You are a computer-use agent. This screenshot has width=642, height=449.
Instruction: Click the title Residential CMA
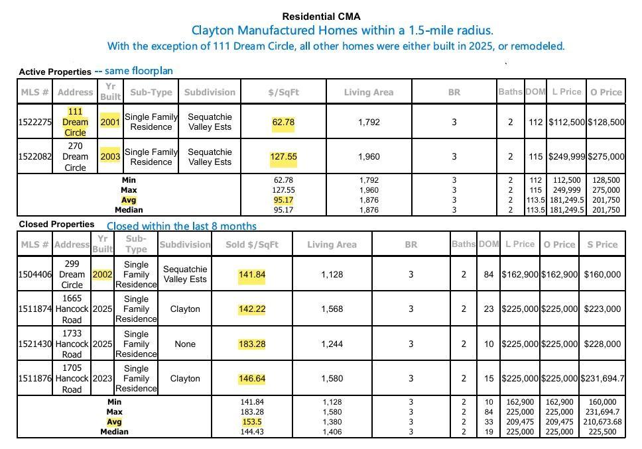tap(321, 17)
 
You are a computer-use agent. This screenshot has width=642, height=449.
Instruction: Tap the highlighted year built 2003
tap(110, 157)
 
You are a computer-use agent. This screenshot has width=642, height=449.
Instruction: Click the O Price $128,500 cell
tap(606, 122)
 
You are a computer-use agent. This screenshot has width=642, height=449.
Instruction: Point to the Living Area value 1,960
tap(369, 157)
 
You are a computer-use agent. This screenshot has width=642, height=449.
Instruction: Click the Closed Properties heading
tap(56, 224)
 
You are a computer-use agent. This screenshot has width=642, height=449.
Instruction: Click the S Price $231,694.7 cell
tap(602, 378)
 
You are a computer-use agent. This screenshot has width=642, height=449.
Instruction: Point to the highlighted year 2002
tap(103, 274)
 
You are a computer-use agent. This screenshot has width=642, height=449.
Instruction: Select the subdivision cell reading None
tap(184, 344)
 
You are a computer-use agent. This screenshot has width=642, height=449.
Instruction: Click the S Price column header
tap(602, 244)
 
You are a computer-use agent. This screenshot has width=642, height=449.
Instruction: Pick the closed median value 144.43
tap(252, 432)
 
